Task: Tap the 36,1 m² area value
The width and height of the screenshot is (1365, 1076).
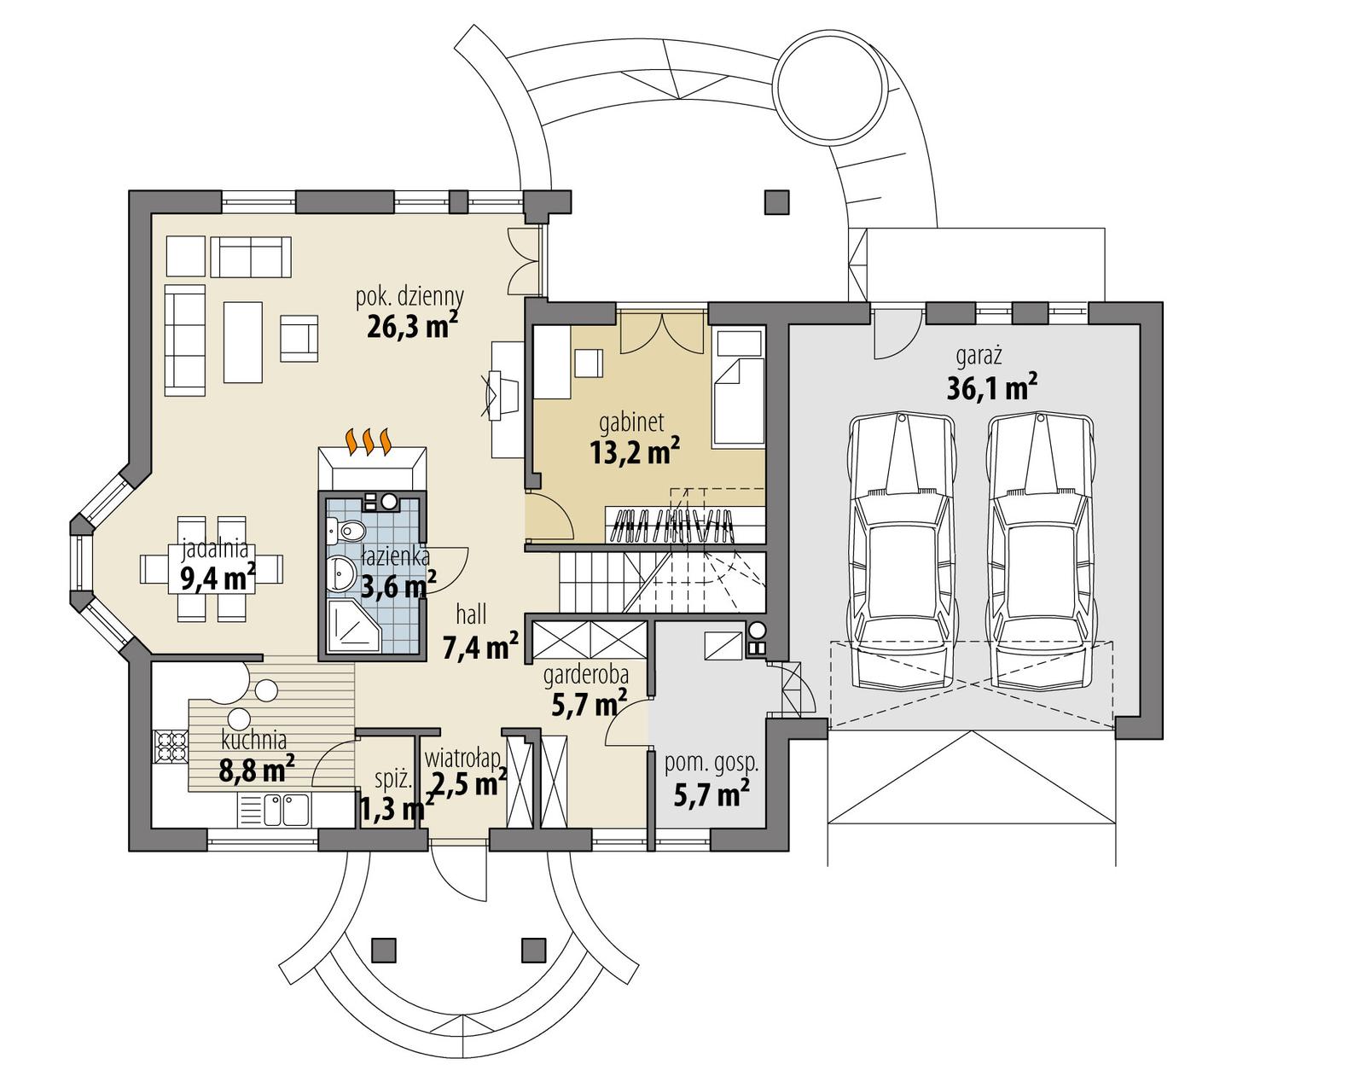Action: coord(991,389)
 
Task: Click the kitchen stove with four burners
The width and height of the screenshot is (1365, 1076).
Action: coord(170,748)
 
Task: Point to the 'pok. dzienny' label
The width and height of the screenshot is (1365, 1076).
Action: coord(409,297)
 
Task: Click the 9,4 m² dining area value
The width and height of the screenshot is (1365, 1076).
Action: coord(218,579)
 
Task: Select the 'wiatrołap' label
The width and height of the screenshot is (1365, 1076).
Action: coord(462,758)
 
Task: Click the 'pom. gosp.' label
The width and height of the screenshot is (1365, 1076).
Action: coord(711,765)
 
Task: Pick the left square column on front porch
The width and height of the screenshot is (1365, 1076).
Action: coord(385,949)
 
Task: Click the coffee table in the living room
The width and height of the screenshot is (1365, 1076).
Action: coord(243,341)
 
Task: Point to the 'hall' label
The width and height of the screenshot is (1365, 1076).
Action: coord(471,614)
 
